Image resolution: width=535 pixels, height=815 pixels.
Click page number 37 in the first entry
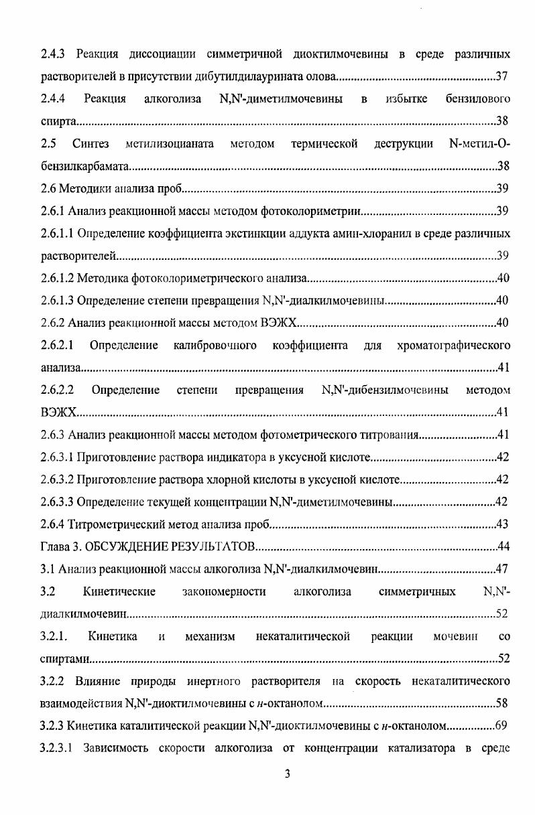502,75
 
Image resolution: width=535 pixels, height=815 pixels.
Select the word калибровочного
215,346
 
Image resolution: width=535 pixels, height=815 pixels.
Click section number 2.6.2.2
57,390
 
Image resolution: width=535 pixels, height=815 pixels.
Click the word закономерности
223,591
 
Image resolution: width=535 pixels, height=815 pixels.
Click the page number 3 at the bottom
287,775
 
